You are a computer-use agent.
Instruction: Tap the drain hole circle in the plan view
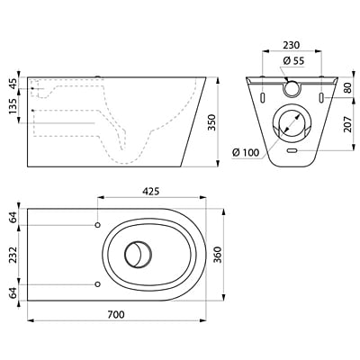[138, 255]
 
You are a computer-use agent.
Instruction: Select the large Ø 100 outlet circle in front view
[290, 122]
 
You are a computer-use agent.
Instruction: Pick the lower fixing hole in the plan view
[96, 284]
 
